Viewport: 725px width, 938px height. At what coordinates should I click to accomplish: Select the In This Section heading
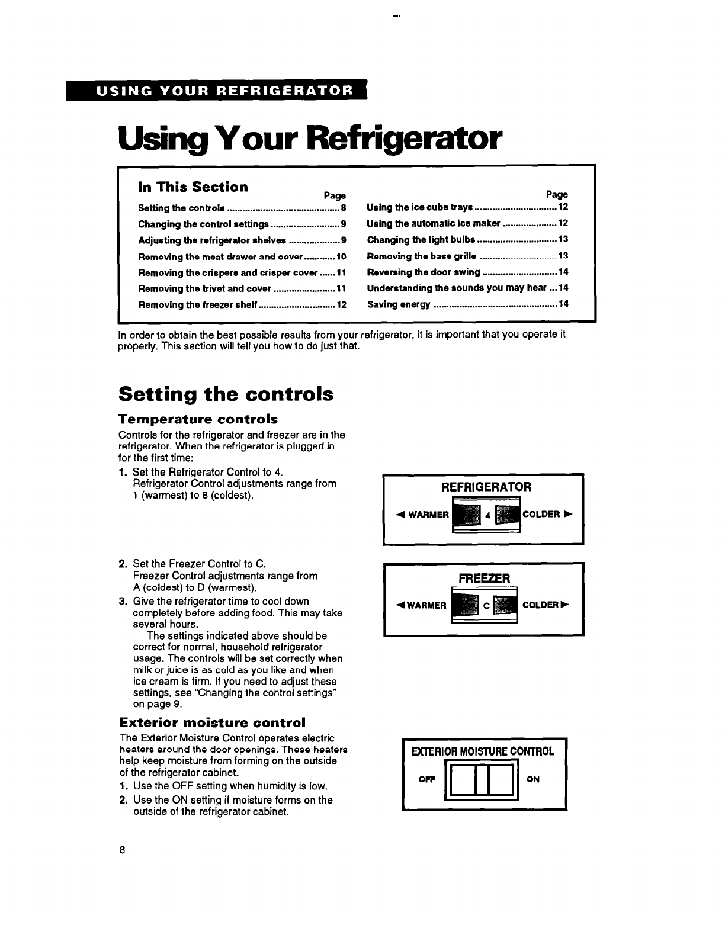[x=193, y=187]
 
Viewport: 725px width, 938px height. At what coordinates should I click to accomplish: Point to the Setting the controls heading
[x=226, y=394]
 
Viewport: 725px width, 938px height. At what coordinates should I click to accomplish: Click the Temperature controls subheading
[x=190, y=419]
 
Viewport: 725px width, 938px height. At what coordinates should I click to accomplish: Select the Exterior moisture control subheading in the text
[x=213, y=722]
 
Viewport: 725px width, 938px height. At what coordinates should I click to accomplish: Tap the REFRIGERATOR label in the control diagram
[x=486, y=487]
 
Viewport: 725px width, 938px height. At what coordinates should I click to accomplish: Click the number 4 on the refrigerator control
[x=487, y=515]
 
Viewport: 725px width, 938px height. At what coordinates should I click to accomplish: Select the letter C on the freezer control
[x=485, y=605]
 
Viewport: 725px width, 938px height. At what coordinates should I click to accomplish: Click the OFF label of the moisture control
[x=427, y=780]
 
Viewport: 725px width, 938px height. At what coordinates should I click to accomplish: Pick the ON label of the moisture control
[x=532, y=780]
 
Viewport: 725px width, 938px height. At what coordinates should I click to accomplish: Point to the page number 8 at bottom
[x=122, y=850]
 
